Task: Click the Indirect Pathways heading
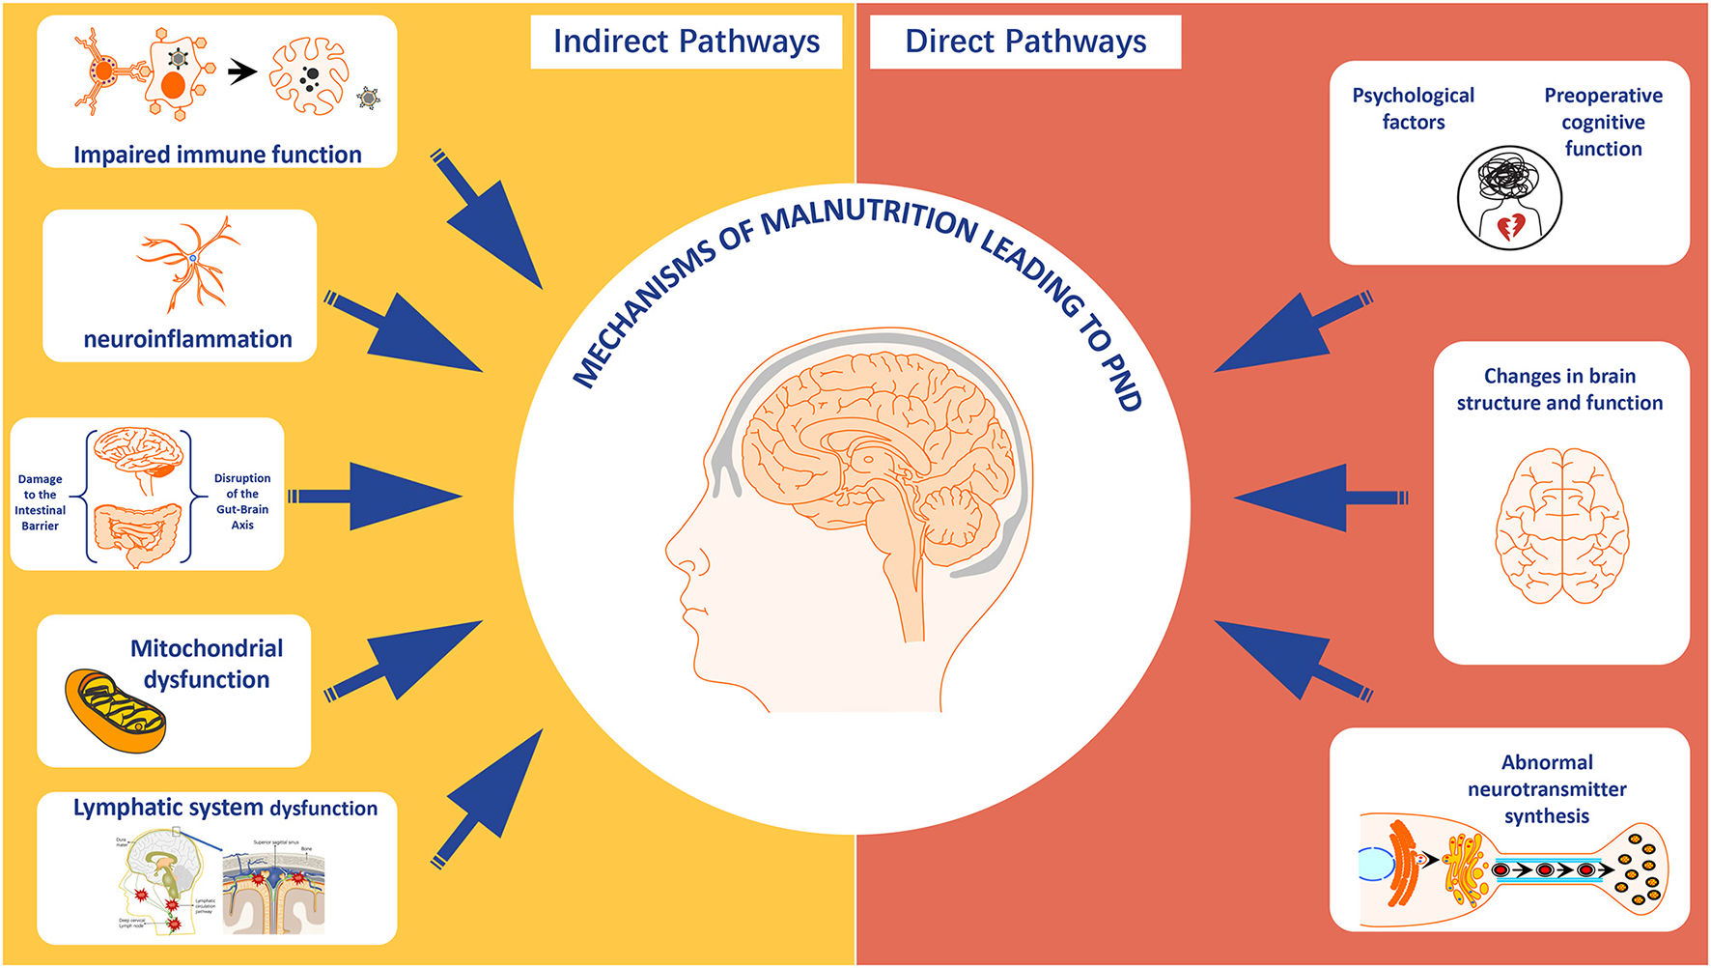(686, 42)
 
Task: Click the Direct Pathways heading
(1025, 42)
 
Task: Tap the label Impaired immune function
(217, 155)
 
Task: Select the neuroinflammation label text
(187, 339)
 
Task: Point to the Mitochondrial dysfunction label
(207, 664)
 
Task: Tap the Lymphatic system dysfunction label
(225, 808)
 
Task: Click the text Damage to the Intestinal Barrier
(41, 502)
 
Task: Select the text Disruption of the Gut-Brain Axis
(242, 501)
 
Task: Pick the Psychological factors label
(1413, 108)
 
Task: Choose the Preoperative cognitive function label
(1603, 122)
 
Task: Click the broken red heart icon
(1510, 227)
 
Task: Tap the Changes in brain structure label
(1559, 389)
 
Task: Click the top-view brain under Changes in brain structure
(1561, 527)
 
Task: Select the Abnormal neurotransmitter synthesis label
(1547, 788)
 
